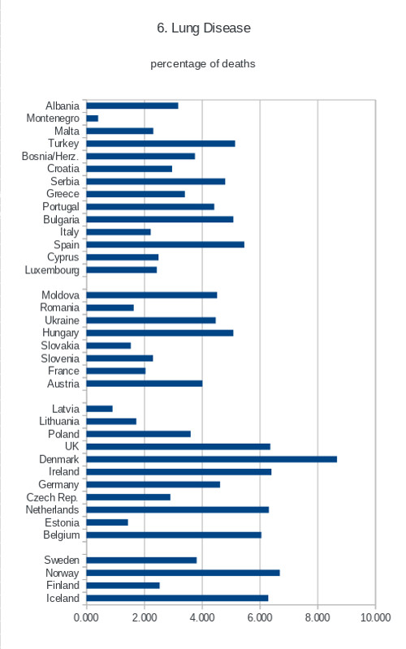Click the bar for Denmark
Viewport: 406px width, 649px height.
(x=212, y=459)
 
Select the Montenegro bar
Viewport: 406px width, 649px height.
(x=93, y=118)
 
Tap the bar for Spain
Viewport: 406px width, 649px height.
(x=166, y=245)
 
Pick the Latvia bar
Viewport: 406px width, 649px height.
(x=99, y=409)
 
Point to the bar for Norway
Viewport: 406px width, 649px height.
(x=184, y=573)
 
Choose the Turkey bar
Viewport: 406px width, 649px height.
(x=161, y=144)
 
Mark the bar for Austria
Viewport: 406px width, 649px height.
(x=145, y=384)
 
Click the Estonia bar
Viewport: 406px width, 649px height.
(x=107, y=522)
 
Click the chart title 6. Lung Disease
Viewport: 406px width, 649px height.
(x=204, y=28)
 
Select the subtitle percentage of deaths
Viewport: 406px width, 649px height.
(x=202, y=64)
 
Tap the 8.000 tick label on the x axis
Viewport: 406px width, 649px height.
(x=317, y=617)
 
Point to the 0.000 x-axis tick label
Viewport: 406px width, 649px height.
(x=86, y=617)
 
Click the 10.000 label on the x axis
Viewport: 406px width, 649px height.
(x=375, y=617)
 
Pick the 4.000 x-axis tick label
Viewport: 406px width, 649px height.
(x=201, y=617)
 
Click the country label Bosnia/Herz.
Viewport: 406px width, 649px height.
(x=50, y=156)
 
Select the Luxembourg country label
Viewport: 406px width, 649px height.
(x=52, y=270)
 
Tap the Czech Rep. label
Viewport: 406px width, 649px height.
(x=53, y=497)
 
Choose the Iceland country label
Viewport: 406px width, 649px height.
(x=63, y=598)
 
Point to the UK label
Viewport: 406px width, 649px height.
(x=71, y=446)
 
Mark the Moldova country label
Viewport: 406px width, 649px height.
(x=60, y=295)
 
